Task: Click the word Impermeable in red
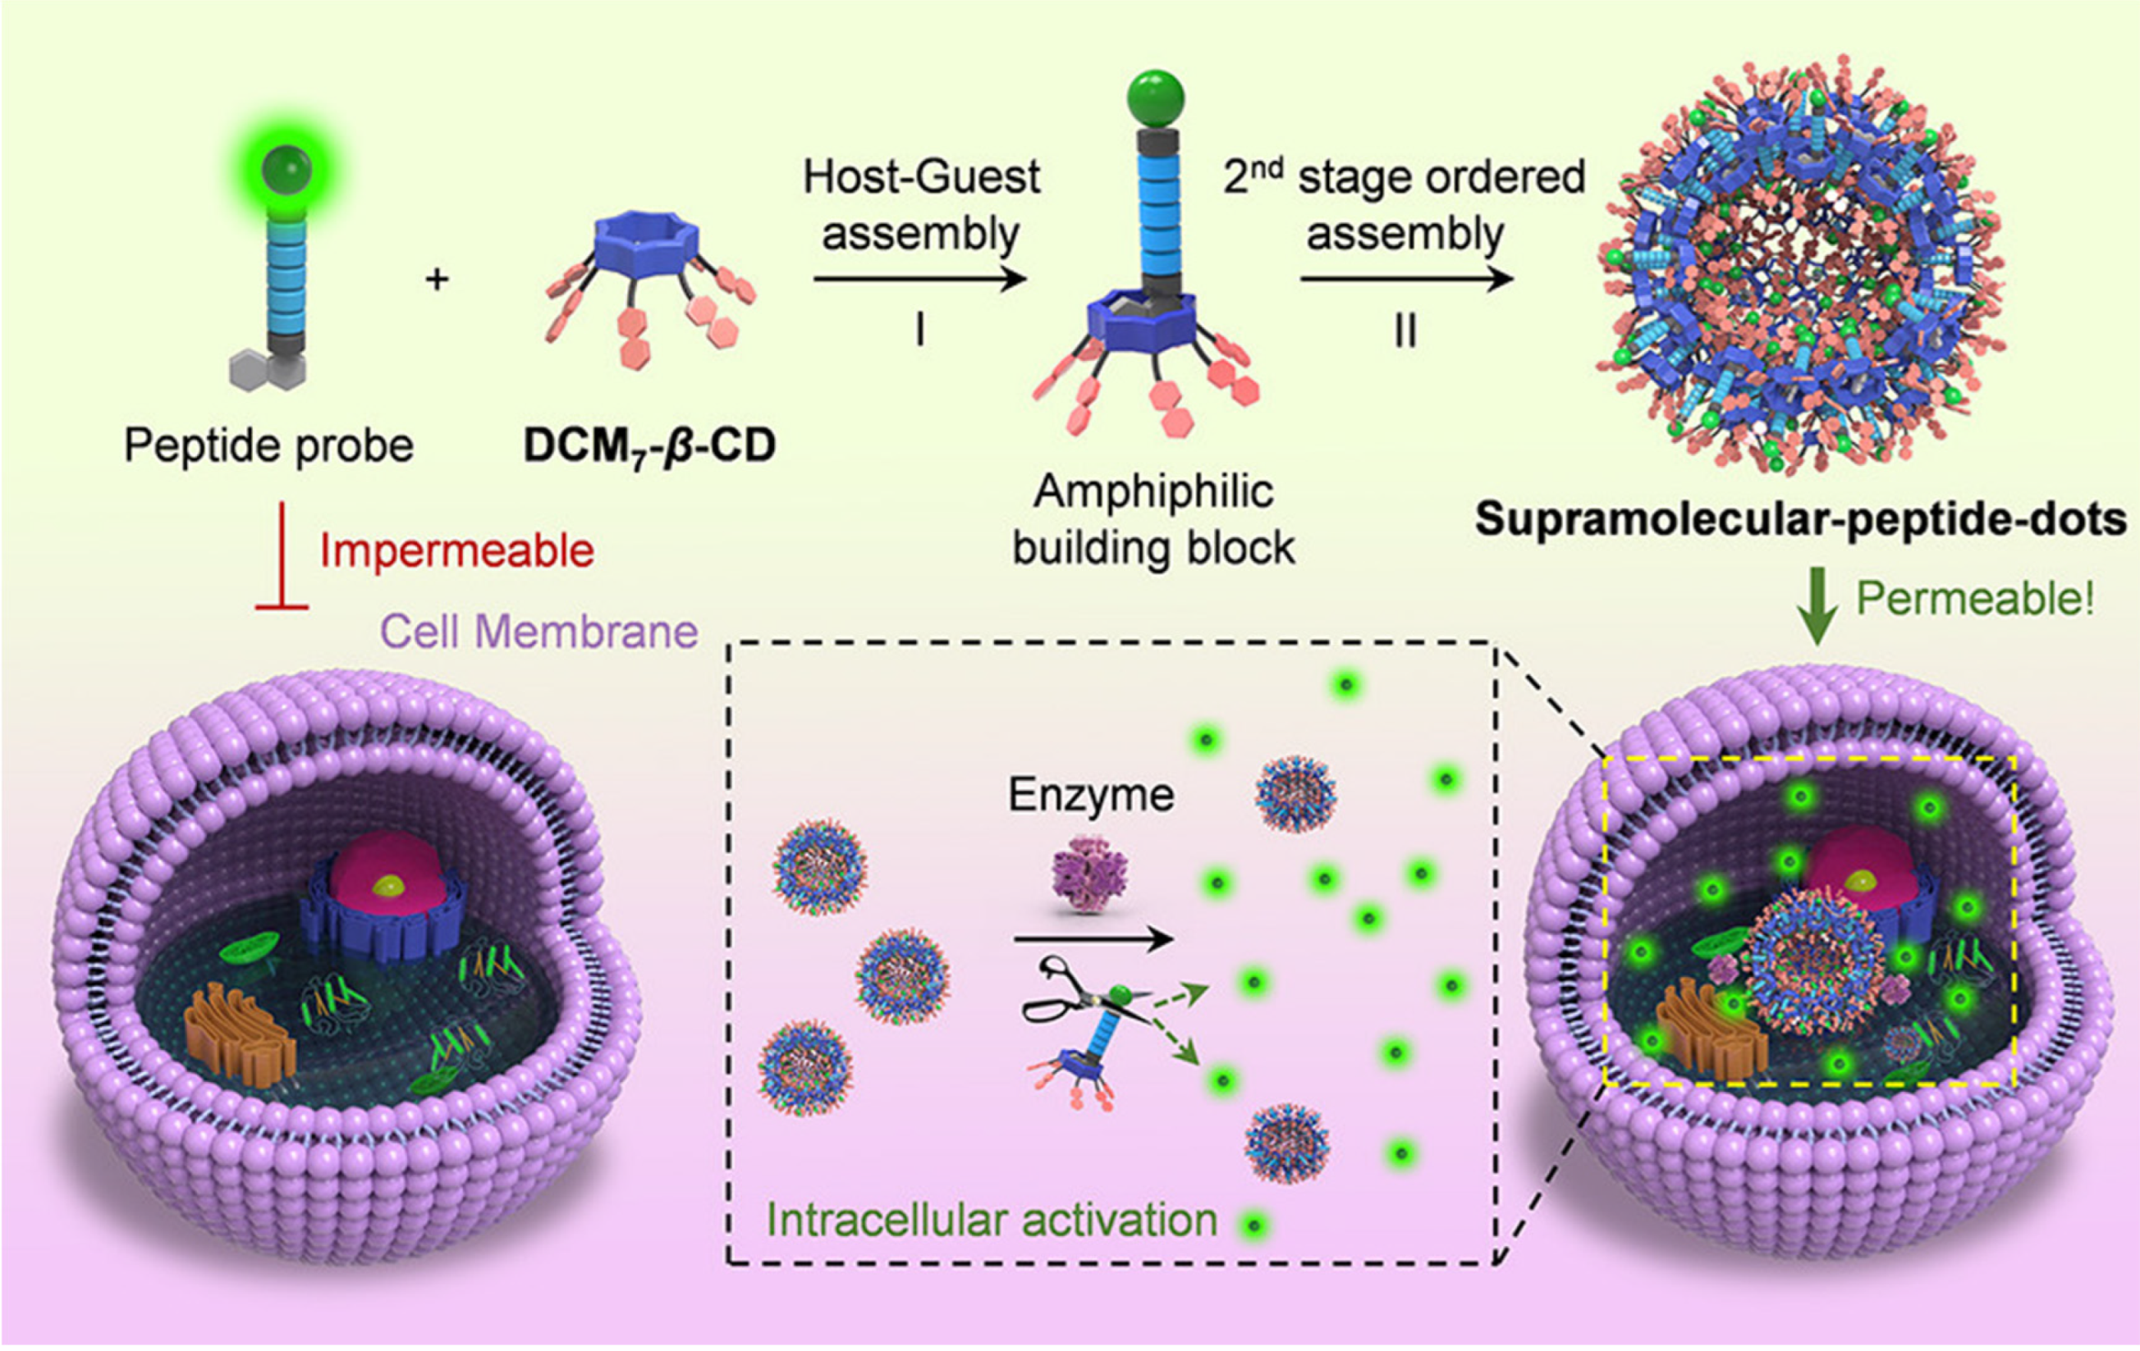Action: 456,550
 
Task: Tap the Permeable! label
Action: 1975,599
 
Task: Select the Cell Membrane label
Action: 538,632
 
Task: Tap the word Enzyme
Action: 1090,795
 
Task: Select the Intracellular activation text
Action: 991,1221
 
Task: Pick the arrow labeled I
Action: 920,280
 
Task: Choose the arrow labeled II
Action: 1406,280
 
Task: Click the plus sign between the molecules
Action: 438,280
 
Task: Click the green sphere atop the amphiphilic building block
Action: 1155,98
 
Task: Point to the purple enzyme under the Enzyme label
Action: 1089,879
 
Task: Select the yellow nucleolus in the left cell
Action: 386,885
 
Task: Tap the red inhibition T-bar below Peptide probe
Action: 282,559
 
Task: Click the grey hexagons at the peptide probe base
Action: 267,369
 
